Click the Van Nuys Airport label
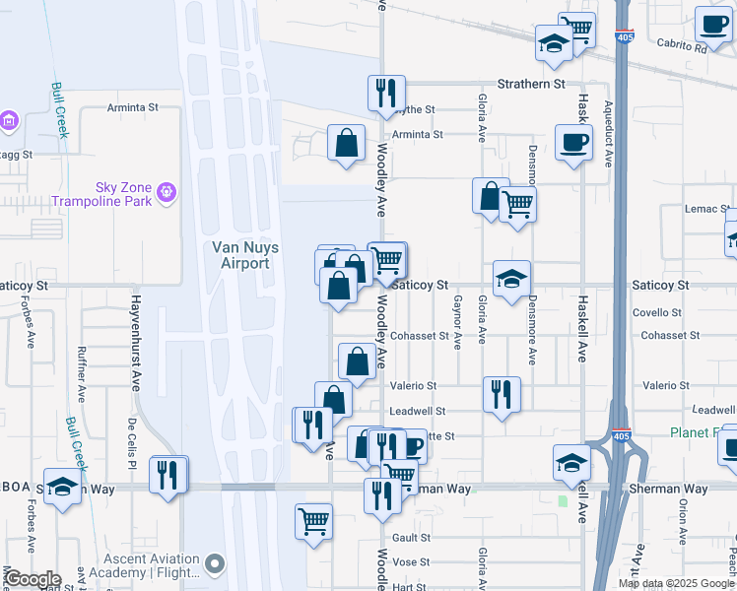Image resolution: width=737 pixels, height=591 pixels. coord(240,255)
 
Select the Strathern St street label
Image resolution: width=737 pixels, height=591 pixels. coord(531,85)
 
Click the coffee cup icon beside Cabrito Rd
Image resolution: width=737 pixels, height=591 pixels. coord(711,24)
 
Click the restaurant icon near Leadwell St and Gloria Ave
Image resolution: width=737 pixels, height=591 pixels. coord(502,394)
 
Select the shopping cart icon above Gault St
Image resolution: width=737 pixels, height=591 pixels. coord(313,521)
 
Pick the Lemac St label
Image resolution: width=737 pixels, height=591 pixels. coord(703,210)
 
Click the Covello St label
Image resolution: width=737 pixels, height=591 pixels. coord(657,313)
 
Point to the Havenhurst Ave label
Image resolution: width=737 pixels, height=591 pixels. coord(134,341)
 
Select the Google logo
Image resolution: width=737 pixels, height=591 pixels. coord(33,579)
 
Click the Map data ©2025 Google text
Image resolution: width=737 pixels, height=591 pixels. coord(675,583)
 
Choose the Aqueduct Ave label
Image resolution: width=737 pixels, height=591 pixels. coord(608,133)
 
